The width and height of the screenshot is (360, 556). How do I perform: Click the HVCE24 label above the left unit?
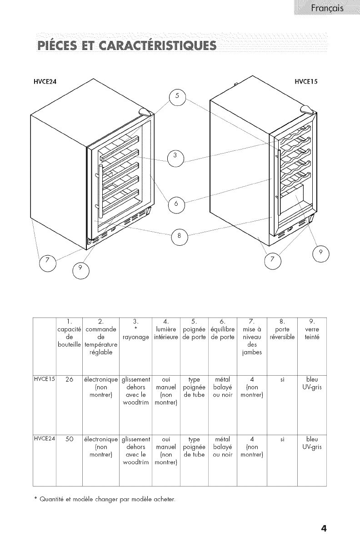click(47, 82)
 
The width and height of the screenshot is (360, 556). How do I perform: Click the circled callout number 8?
click(179, 235)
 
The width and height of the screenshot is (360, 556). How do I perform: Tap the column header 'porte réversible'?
click(282, 333)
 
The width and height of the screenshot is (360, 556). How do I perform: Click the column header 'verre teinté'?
click(312, 333)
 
